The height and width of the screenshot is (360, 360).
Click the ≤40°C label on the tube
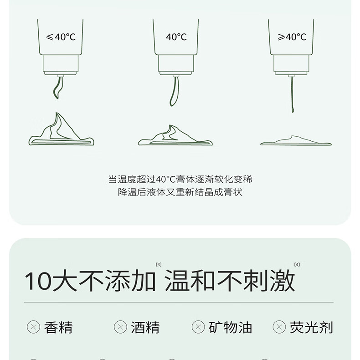point(61,37)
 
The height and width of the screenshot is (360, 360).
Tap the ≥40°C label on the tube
point(292,37)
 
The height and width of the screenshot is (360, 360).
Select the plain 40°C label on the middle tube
point(176,37)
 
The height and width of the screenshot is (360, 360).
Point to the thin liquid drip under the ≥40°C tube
point(292,94)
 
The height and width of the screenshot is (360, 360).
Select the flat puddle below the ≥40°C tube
point(296,141)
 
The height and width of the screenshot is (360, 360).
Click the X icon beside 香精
point(34,327)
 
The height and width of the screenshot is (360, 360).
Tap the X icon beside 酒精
point(120,327)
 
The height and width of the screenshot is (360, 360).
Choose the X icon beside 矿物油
point(198,327)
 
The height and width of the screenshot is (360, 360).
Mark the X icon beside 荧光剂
point(279,327)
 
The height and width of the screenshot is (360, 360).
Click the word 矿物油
point(230,327)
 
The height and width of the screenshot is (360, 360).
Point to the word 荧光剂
point(311,327)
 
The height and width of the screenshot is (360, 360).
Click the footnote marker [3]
point(159,264)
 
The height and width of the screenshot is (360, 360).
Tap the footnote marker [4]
point(297,264)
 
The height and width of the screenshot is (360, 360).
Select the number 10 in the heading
point(38,281)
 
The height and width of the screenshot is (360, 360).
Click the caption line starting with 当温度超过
point(180,179)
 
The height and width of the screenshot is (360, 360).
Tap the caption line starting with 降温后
point(180,192)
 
